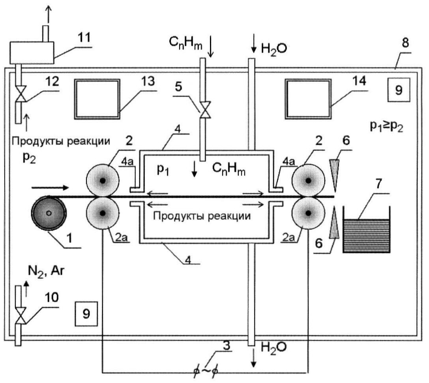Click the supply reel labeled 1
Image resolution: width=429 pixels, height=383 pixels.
coord(49,213)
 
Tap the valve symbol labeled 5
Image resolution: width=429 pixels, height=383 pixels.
coord(205,110)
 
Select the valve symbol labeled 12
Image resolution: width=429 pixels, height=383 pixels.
coord(20,94)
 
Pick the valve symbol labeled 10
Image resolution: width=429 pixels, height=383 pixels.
coord(20,316)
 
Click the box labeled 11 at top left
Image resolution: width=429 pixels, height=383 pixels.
coord(32,53)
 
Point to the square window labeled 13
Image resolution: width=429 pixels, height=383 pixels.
coord(97,99)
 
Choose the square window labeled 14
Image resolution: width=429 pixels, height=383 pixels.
coord(308,99)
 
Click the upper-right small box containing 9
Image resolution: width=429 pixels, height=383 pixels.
coord(399,90)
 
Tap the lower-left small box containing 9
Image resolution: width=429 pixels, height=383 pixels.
coord(86,314)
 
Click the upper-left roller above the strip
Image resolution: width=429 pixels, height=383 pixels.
coord(103,180)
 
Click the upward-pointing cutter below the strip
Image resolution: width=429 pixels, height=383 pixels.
coord(334,222)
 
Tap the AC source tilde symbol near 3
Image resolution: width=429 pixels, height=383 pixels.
coord(205,371)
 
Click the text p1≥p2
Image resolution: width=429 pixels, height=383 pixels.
coord(386,126)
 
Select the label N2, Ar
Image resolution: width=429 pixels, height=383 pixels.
coord(46,271)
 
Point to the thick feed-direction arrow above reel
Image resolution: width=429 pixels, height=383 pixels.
coord(50,188)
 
